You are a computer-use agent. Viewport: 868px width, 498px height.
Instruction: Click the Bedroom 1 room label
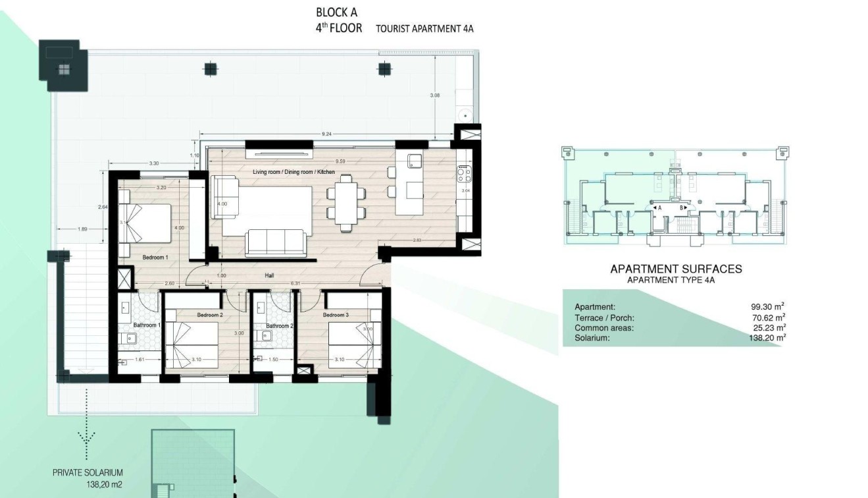tap(155, 257)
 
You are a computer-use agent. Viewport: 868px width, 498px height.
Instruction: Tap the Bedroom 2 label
tap(210, 315)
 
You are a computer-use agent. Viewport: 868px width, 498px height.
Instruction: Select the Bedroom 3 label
tap(336, 315)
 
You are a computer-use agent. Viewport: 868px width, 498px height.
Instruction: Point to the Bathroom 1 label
tap(147, 325)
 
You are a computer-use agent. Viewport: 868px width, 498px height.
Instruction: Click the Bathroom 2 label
tap(279, 325)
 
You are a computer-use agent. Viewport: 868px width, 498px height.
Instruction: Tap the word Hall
tap(270, 276)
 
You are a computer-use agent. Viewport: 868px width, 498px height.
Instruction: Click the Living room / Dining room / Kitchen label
tap(294, 172)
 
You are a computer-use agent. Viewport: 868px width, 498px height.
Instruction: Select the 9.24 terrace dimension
tap(326, 134)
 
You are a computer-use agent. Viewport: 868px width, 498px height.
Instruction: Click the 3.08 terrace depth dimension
tap(434, 96)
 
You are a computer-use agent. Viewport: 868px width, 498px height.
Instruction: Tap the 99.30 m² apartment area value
tap(767, 307)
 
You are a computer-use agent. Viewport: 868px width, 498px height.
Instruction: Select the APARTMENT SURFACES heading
tap(676, 269)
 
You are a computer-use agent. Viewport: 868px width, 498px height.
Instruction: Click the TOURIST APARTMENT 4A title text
tap(424, 29)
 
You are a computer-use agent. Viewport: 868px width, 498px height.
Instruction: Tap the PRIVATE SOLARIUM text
tap(88, 472)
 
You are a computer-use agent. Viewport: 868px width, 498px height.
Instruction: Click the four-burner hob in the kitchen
tap(463, 173)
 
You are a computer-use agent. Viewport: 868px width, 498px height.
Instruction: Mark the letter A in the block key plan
tap(659, 207)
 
